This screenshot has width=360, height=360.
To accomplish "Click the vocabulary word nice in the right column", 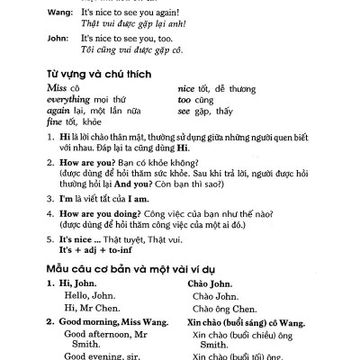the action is click(187, 90).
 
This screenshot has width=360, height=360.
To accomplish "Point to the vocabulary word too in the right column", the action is click(184, 101).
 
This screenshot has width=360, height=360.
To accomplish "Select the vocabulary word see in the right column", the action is click(184, 112).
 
